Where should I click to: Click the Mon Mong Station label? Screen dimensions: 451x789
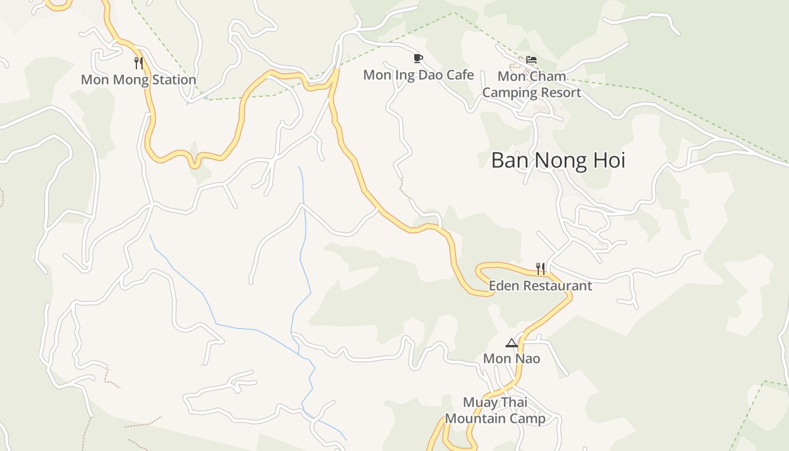point(138,79)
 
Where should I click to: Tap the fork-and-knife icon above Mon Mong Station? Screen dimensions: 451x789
point(139,63)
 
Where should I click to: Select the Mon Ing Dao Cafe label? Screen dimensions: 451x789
point(418,74)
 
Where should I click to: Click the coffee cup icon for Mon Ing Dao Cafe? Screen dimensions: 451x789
point(418,58)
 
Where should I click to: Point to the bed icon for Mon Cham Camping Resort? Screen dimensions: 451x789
point(531,59)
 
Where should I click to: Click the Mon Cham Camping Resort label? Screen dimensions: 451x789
point(531,84)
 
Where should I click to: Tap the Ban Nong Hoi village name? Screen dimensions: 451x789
point(558,160)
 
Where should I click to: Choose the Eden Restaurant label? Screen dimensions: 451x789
point(540,285)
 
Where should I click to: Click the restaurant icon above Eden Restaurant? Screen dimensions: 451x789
point(540,268)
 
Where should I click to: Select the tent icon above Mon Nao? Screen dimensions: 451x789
point(511,343)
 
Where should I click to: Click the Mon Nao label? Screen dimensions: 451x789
point(511,359)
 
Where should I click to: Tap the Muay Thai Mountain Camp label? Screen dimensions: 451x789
point(495,410)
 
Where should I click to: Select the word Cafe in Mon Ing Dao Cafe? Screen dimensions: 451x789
point(460,74)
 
